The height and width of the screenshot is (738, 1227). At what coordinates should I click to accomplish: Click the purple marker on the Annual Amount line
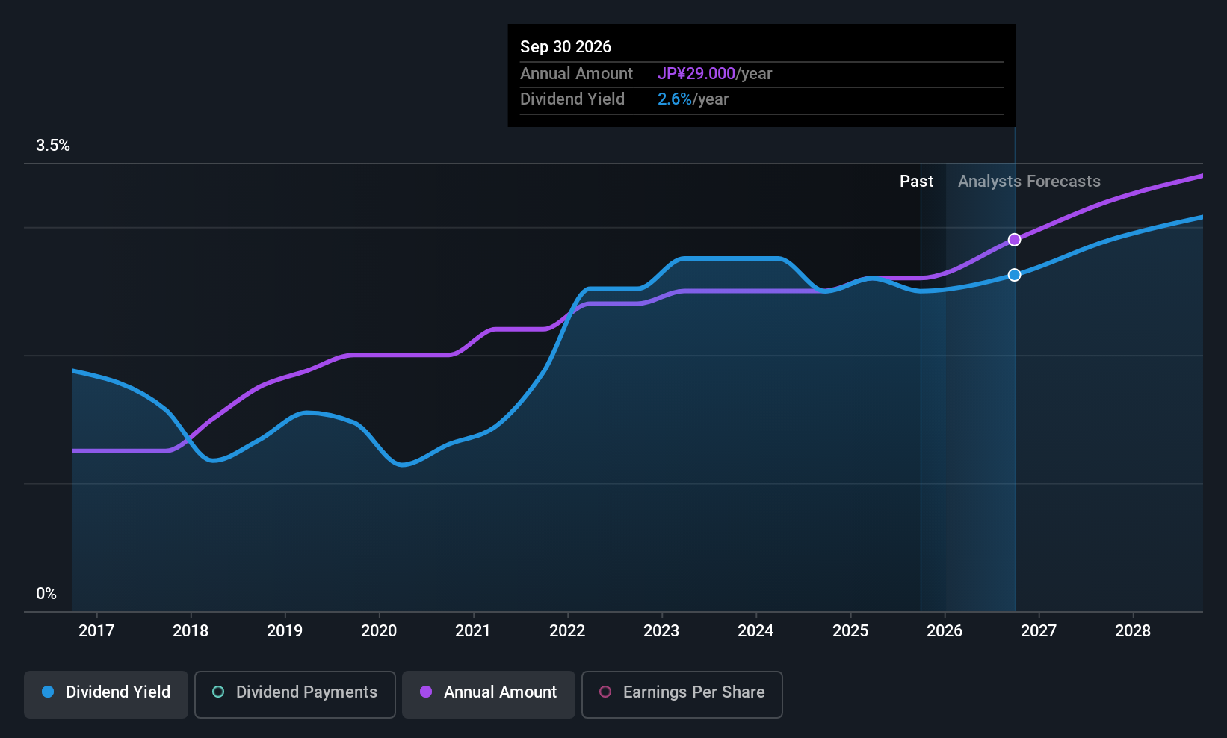click(x=1015, y=240)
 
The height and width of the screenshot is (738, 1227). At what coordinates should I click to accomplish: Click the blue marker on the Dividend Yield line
click(x=1015, y=275)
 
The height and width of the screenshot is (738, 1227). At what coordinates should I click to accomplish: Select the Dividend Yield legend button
click(x=105, y=694)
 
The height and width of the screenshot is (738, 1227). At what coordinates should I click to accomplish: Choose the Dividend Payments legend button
click(x=294, y=694)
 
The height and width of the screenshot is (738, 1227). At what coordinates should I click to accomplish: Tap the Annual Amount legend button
click(x=489, y=694)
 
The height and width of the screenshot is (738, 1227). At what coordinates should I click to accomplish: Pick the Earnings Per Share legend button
click(x=682, y=694)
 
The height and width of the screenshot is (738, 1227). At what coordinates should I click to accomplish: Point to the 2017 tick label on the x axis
click(x=96, y=630)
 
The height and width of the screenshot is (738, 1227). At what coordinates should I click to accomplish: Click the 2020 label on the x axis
click(x=379, y=630)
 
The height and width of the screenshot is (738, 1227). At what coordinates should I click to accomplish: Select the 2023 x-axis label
click(x=662, y=630)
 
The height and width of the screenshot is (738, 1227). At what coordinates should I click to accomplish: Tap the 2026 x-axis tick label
click(x=945, y=630)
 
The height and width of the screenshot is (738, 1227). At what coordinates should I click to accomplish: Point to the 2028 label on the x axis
click(x=1134, y=630)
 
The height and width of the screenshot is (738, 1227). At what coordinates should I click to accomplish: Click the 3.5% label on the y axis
click(x=53, y=146)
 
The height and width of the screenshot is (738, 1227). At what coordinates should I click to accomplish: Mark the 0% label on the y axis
click(x=46, y=594)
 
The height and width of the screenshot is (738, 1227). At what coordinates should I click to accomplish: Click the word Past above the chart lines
click(x=916, y=182)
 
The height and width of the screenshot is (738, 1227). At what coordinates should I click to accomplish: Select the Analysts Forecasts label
click(x=1029, y=182)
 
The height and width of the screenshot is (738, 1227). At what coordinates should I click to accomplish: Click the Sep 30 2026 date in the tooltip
click(x=565, y=46)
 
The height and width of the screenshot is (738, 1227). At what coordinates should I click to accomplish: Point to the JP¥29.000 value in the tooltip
click(x=696, y=73)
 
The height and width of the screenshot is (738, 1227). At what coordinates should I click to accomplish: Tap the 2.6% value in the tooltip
click(x=674, y=99)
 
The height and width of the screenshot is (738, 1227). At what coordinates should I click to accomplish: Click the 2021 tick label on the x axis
click(x=473, y=630)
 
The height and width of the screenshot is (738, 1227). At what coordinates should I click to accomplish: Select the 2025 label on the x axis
click(x=850, y=630)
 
